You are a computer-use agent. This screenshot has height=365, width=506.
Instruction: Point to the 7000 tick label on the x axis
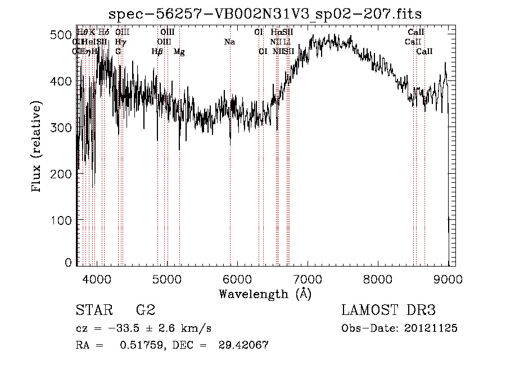click(308, 278)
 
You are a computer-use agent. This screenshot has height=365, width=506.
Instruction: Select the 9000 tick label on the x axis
click(448, 278)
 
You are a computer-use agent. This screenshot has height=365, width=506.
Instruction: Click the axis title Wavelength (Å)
click(265, 294)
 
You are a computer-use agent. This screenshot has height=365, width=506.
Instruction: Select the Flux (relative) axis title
click(37, 147)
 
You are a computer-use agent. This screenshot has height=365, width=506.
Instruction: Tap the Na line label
click(229, 42)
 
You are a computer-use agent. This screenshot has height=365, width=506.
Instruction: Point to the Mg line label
click(179, 52)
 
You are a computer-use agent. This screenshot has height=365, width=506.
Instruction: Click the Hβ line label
click(157, 52)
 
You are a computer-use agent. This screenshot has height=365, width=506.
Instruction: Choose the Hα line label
click(276, 33)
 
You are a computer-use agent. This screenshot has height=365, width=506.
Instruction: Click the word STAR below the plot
click(93, 310)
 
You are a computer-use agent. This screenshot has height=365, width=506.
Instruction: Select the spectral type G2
click(144, 310)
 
